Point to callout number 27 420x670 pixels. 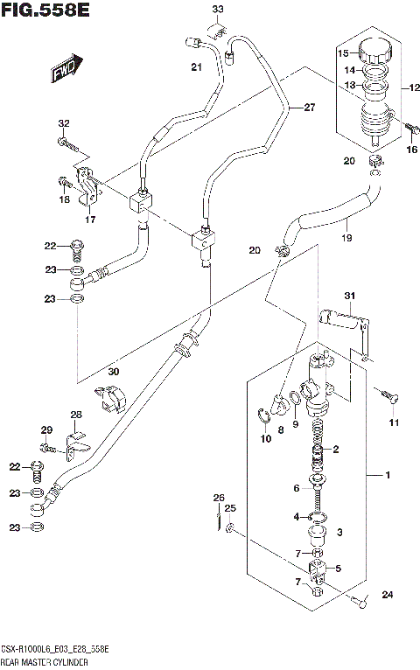point(308,108)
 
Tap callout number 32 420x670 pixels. point(63,122)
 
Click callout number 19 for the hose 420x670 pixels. point(347,237)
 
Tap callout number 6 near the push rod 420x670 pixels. point(297,488)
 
